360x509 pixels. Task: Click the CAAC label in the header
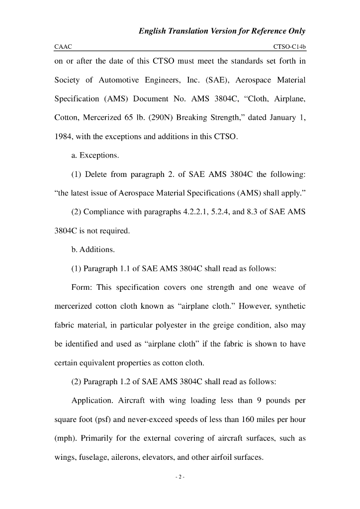[x=63, y=47]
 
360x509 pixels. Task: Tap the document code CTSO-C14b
[x=289, y=47]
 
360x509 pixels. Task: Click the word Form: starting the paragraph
[x=82, y=287]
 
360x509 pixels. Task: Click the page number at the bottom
[x=180, y=477]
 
